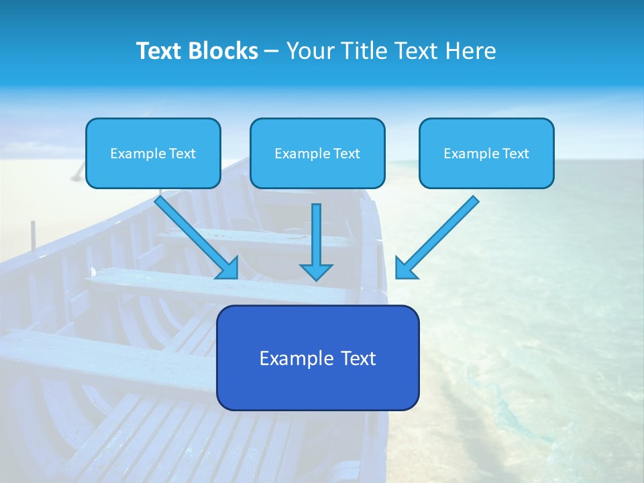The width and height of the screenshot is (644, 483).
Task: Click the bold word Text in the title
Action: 158,51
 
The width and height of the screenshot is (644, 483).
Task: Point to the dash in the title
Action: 272,51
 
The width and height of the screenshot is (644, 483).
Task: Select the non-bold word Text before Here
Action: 417,51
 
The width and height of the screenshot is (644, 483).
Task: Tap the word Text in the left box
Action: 182,154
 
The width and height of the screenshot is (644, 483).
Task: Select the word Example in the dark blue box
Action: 294,358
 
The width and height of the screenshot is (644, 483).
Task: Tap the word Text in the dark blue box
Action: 359,358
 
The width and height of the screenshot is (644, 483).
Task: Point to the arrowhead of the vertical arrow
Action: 316,272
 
